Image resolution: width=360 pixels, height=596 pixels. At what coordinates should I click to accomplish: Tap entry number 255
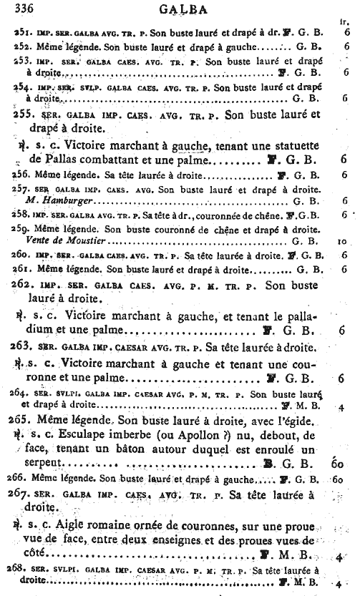(26, 114)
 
